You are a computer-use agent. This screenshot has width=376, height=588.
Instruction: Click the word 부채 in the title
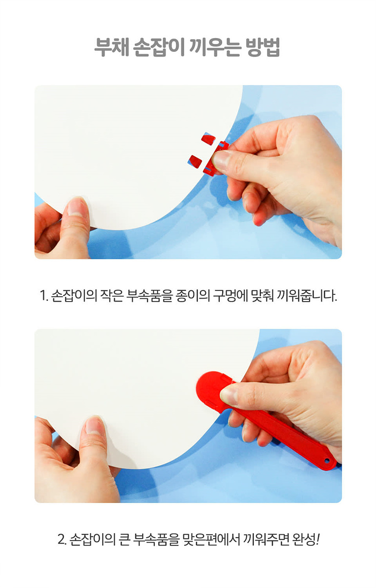coord(111,47)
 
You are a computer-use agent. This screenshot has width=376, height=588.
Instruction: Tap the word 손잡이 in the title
coord(159,47)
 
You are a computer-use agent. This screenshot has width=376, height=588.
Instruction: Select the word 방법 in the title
coord(263,47)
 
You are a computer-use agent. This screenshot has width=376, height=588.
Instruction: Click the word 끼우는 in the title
coord(214,47)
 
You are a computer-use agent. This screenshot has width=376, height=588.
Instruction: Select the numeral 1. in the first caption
coord(43,296)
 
